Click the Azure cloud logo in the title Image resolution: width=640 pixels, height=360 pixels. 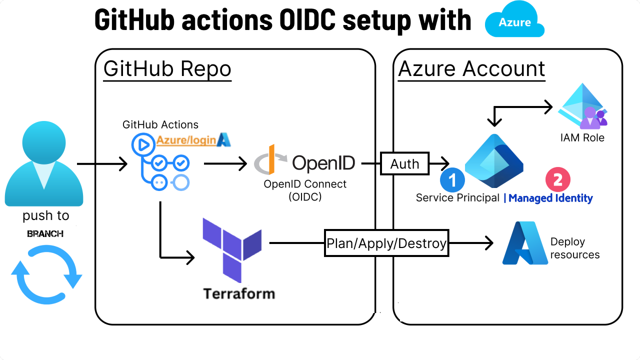[x=514, y=22]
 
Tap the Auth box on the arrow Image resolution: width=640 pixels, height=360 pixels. [x=405, y=163]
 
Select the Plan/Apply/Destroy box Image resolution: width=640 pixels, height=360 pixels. [x=386, y=243]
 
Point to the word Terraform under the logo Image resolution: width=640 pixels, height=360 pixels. [x=239, y=293]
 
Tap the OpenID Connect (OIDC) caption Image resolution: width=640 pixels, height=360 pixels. [x=305, y=190]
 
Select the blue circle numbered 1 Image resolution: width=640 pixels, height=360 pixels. [x=452, y=180]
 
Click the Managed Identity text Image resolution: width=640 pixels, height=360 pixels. [x=550, y=198]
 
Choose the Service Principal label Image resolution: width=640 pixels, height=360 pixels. [x=457, y=198]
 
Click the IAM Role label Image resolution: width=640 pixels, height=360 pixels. [x=583, y=137]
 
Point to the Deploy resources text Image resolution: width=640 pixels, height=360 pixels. [x=575, y=248]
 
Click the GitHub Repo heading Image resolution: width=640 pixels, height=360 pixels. [x=167, y=69]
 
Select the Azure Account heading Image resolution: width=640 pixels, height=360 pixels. [x=471, y=69]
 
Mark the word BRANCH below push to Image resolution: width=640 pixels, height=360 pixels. [x=45, y=233]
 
